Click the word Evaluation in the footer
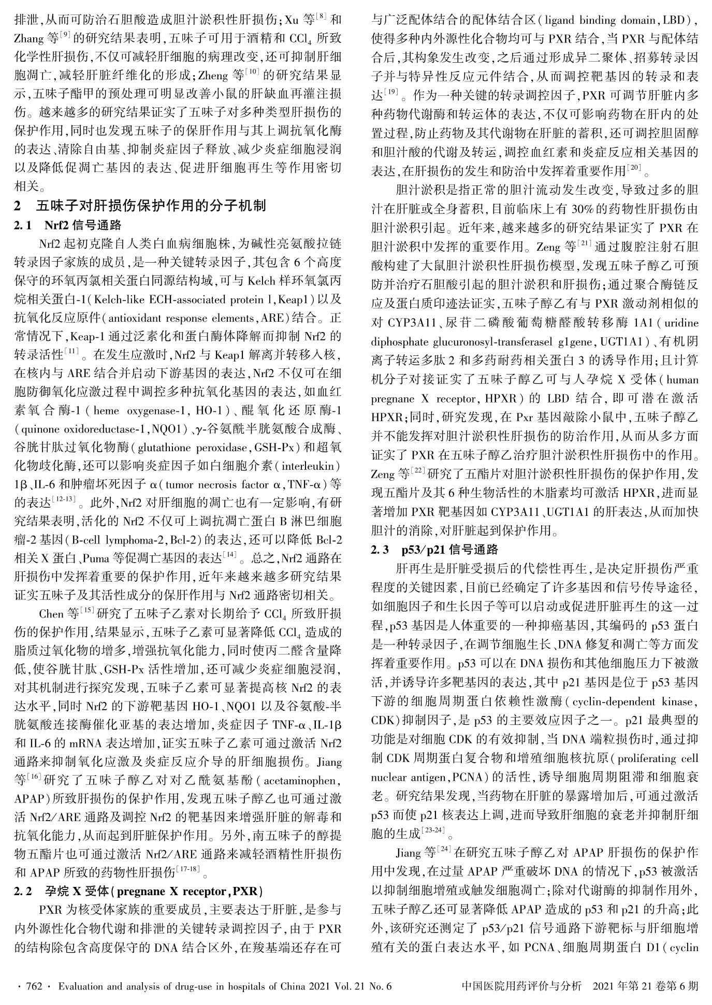click(80, 985)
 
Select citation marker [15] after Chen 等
click(87, 610)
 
